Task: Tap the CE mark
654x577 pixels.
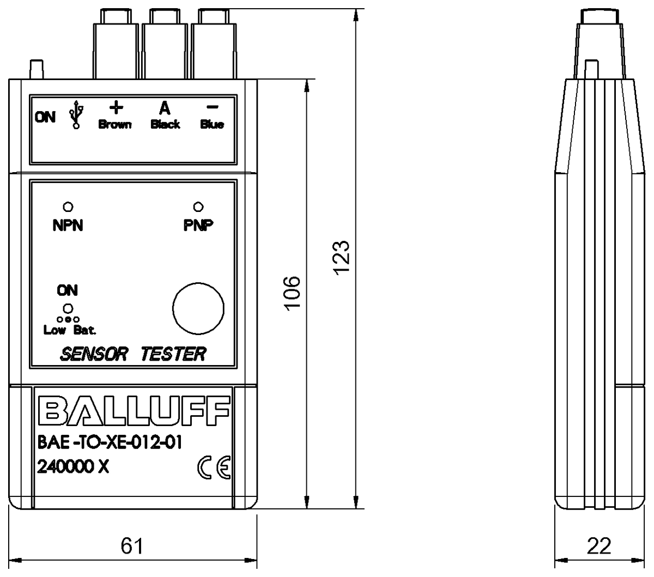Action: point(214,467)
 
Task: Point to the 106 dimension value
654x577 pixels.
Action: point(293,293)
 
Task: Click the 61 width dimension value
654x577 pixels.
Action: point(132,545)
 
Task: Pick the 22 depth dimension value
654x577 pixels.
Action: point(599,545)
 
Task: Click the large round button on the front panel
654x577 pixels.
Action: point(198,308)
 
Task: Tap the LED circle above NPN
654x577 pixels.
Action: point(69,207)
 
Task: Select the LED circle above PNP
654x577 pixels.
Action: point(198,207)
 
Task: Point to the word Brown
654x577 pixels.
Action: point(115,125)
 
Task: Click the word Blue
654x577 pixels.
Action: point(212,125)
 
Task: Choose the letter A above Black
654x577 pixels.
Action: point(165,108)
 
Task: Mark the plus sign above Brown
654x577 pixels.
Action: point(116,106)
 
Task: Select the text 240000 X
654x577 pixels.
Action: point(73,467)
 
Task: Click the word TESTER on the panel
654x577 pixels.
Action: point(173,354)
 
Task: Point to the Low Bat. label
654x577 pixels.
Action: point(70,330)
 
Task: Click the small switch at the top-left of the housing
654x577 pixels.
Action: point(37,69)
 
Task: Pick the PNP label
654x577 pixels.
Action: point(198,225)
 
